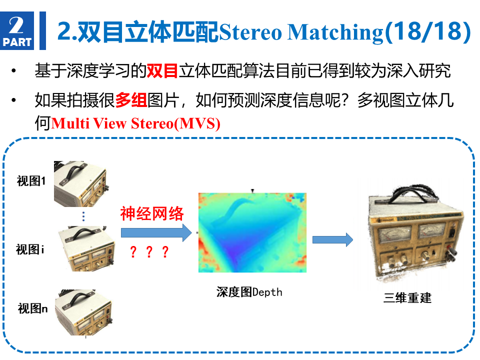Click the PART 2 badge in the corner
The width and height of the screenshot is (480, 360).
17,30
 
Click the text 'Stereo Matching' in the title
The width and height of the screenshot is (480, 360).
301,32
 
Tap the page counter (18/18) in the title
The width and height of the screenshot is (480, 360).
427,32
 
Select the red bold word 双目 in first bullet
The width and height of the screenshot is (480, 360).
162,70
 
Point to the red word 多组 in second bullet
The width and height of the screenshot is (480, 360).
131,100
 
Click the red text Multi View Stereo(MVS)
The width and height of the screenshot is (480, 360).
135,123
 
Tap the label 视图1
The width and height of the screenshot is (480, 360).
31,181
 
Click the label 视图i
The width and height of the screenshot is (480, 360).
30,249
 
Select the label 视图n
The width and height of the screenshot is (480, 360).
33,308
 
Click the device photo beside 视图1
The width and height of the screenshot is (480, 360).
81,183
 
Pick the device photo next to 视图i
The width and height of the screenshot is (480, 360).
86,249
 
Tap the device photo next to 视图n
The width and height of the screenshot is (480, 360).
83,312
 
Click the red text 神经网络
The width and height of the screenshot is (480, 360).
152,213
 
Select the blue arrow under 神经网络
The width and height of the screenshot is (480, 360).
156,233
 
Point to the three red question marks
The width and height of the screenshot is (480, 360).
149,251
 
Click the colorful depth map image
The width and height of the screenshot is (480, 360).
252,232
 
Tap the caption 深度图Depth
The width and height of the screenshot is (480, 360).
249,292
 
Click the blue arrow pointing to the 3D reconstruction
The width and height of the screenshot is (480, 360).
332,239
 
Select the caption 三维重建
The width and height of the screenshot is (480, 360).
407,297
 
